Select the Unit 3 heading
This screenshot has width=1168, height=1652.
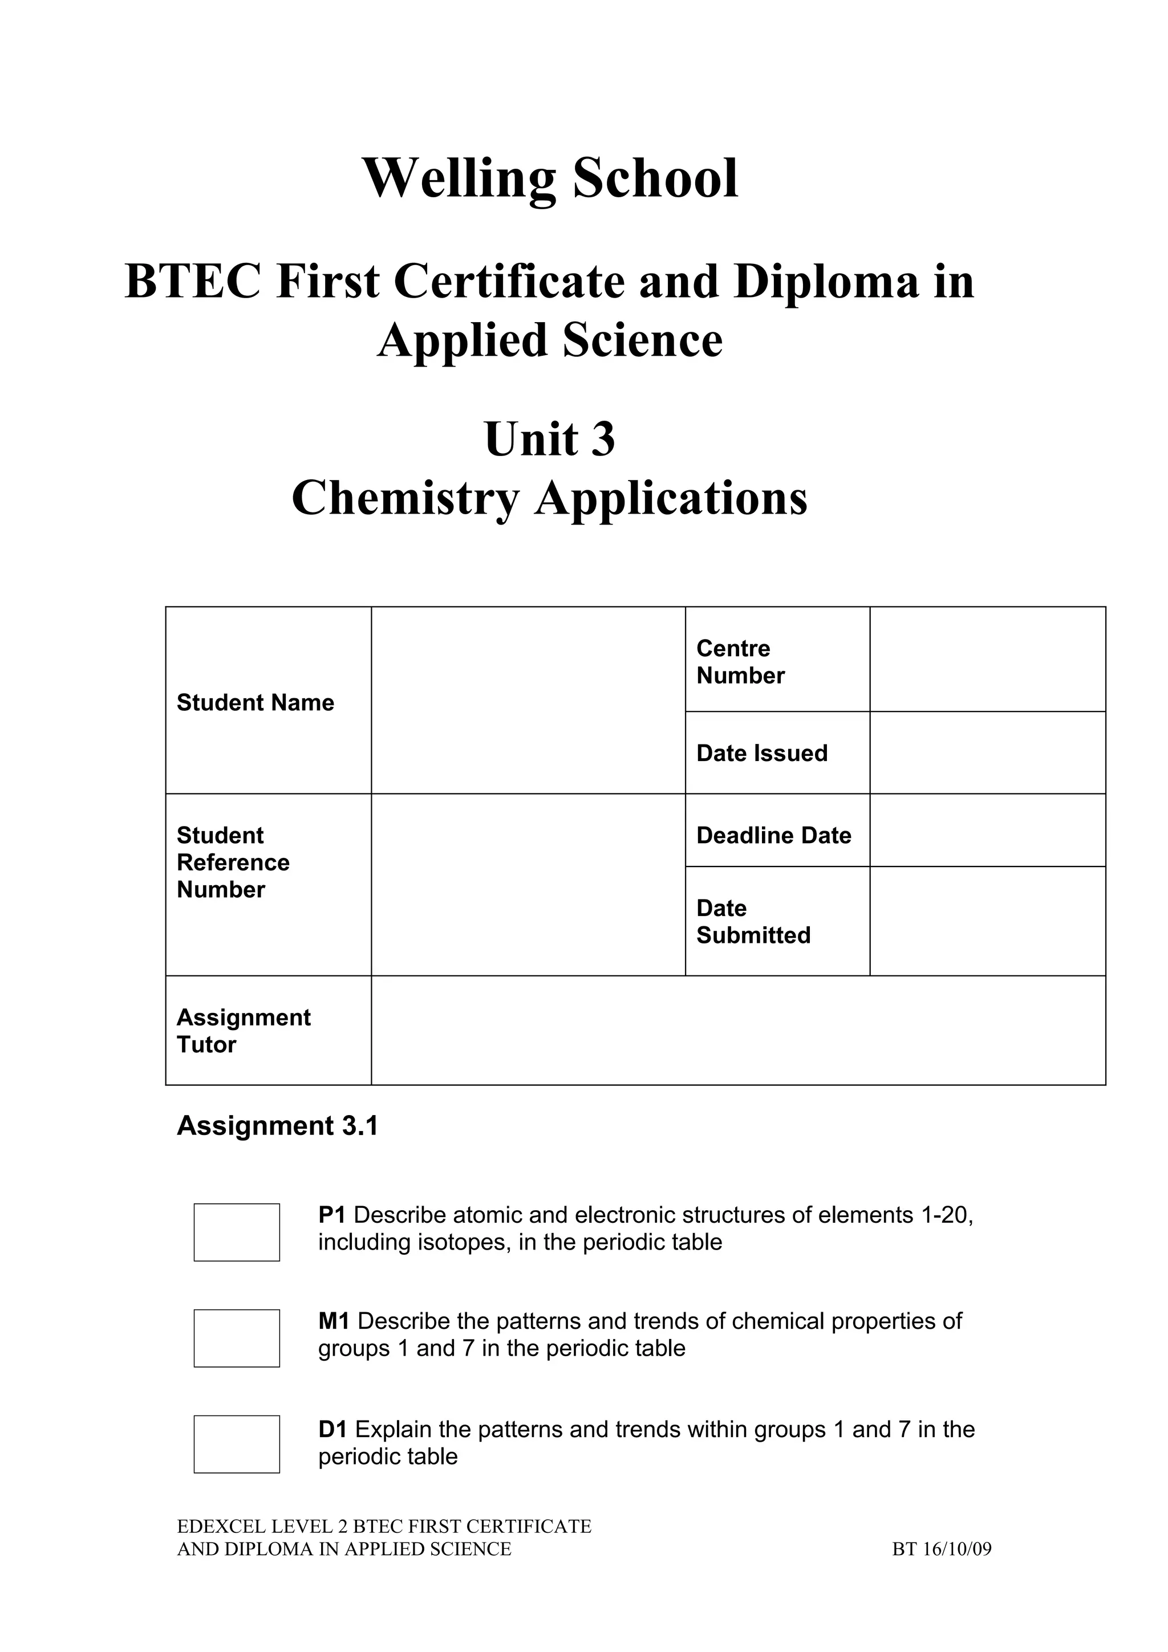tap(550, 439)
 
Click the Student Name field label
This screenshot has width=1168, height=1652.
tap(255, 702)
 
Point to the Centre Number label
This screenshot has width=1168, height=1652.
tap(740, 662)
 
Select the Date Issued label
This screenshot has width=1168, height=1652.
tap(761, 754)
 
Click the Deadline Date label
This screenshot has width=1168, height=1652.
tap(774, 835)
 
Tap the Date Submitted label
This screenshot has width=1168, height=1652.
tap(753, 922)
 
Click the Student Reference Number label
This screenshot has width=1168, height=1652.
tap(233, 862)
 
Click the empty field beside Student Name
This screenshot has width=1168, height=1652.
tap(528, 701)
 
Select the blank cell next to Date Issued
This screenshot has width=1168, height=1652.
tap(987, 754)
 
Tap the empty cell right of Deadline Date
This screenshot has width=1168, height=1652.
tap(987, 831)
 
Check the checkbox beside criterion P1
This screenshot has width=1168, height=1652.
tap(237, 1232)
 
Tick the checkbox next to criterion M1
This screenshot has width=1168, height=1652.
tap(237, 1338)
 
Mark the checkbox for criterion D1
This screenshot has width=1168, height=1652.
tap(237, 1444)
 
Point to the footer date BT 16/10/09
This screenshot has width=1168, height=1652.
tap(942, 1549)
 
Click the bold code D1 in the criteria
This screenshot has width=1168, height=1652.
tap(333, 1430)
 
